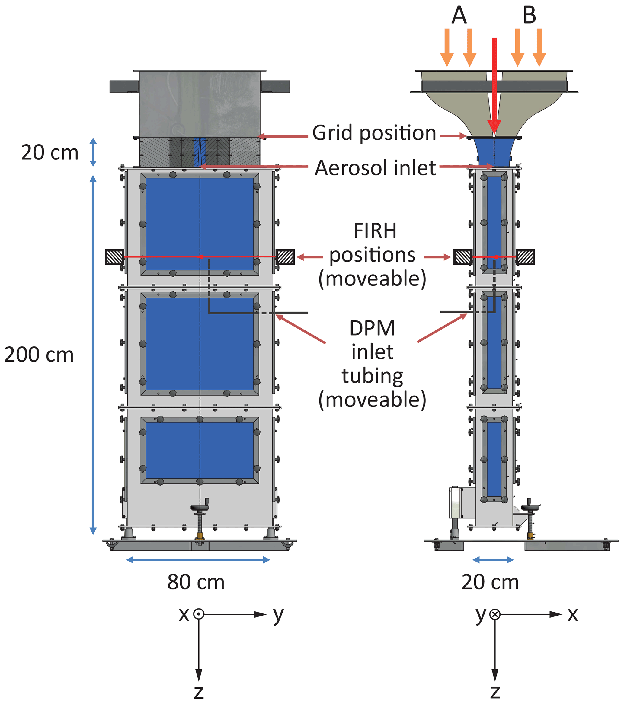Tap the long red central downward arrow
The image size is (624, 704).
tap(494, 83)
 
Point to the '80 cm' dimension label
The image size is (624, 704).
tap(196, 582)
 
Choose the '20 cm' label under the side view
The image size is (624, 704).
tap(490, 582)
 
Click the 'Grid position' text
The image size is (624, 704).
tap(374, 133)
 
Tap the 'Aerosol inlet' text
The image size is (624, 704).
tap(375, 168)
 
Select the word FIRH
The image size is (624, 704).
tap(375, 231)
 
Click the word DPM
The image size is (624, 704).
tap(372, 328)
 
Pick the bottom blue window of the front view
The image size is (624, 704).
tap(200, 450)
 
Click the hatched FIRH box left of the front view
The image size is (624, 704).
tap(114, 257)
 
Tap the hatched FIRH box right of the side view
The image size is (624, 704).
tap(525, 257)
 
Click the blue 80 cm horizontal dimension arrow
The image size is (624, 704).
tap(198, 560)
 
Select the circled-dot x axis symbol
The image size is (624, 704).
tap(198, 614)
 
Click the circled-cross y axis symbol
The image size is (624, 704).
tap(495, 614)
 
